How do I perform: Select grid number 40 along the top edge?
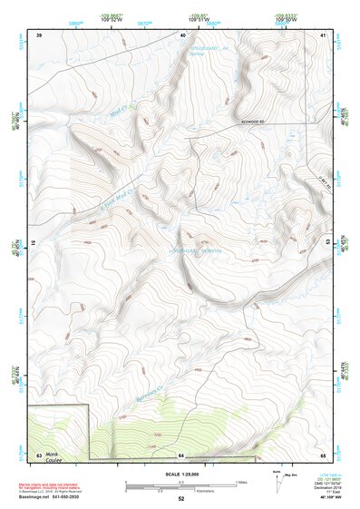pyautogui.click(x=183, y=34)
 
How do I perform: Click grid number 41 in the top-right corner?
pyautogui.click(x=323, y=34)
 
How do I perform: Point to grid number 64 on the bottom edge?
pyautogui.click(x=181, y=454)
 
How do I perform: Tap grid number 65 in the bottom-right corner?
pyautogui.click(x=323, y=454)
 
